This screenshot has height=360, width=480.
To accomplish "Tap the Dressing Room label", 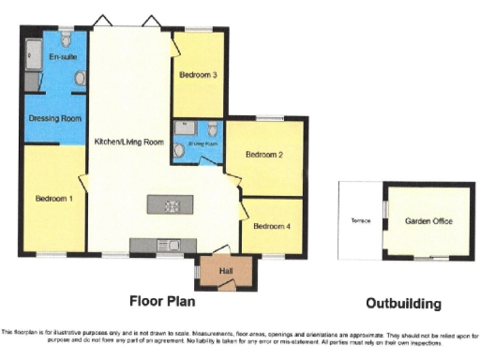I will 56,119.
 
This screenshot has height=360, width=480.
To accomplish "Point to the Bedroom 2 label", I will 263,155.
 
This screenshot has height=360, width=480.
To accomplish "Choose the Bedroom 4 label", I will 271,225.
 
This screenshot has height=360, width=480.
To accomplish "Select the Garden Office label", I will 425,221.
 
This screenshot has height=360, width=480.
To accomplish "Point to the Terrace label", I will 361,221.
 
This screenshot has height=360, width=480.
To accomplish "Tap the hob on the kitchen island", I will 172,205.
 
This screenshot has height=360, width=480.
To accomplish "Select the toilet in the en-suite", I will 65,40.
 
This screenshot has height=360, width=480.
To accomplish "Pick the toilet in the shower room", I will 214,128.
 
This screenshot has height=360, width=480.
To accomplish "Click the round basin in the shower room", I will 179,148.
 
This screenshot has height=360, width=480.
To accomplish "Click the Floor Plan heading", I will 168,302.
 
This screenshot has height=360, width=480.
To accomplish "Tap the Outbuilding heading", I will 402,303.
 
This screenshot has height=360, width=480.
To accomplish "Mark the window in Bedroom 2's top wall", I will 270,118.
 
